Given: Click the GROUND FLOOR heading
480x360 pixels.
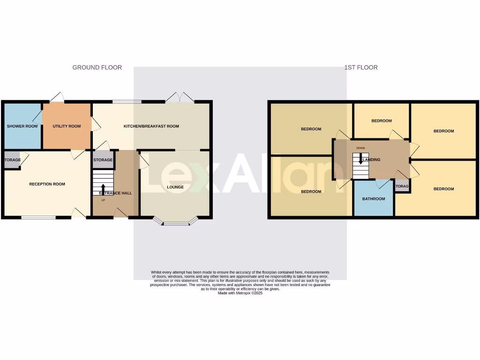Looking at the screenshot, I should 97,67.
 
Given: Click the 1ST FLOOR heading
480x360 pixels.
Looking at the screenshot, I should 361,67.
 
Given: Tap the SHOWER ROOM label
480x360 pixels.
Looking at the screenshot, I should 22,126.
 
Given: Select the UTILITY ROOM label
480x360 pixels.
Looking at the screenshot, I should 67,126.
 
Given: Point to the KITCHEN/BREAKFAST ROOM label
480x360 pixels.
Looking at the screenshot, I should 151,126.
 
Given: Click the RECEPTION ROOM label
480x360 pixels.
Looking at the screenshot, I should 47,184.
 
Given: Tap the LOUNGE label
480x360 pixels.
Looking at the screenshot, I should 175,187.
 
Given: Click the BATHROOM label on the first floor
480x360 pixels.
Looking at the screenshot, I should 374,199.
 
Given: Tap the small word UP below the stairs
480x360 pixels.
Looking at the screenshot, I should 103,200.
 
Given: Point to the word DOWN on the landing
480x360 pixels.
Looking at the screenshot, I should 360,148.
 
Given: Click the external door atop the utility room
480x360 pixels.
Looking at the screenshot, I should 57,97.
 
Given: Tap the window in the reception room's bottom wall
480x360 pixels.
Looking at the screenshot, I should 38,217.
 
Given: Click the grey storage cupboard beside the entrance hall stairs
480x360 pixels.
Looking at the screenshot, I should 103,160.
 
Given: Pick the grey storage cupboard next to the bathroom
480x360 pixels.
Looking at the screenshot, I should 402,186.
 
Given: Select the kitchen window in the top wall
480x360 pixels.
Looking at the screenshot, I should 127,101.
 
